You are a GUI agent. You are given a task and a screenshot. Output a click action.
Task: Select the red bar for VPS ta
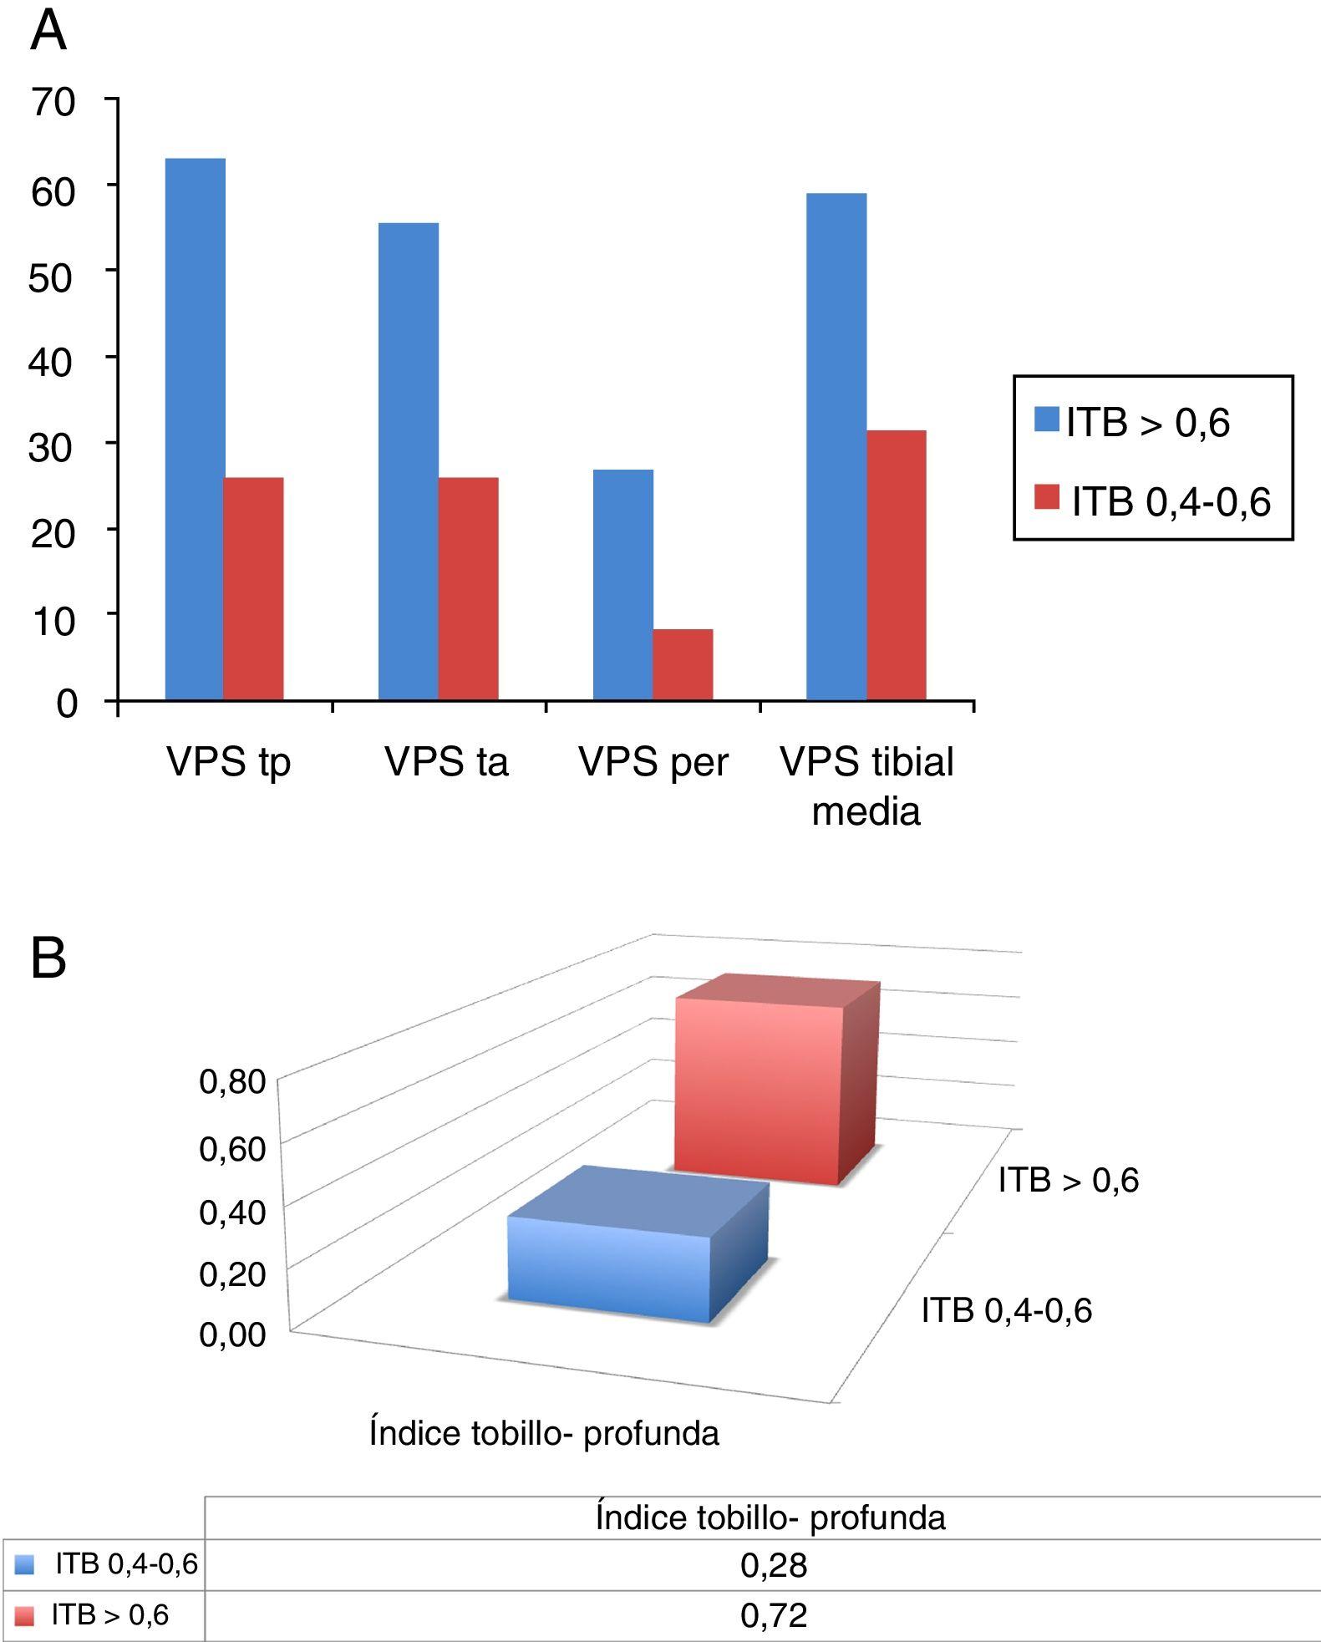tap(468, 588)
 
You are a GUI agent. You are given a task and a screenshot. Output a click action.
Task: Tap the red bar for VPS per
tap(683, 664)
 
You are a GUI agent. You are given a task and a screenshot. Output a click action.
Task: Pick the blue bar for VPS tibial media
tap(836, 446)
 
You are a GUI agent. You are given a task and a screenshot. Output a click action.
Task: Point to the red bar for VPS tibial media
tap(897, 565)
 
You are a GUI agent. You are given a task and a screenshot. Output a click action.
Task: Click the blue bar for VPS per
tap(623, 584)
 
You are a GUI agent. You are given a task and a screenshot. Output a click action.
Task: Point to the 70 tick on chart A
tap(53, 102)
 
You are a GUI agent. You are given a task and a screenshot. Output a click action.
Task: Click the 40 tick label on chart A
tap(52, 362)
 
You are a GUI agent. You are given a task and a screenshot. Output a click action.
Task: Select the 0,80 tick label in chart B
tap(232, 1081)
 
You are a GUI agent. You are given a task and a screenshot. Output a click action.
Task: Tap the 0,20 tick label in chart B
tap(232, 1274)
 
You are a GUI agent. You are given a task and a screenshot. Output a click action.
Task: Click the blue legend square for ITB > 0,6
tap(1047, 419)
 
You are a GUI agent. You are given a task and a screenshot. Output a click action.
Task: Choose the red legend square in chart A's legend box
tap(1047, 497)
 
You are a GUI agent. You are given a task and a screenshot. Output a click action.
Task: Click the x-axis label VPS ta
tap(446, 762)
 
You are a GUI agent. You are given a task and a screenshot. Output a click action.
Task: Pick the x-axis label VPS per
tap(653, 762)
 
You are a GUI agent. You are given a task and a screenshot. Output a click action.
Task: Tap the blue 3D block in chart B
tap(610, 1268)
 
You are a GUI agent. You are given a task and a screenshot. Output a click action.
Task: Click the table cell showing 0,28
tap(774, 1565)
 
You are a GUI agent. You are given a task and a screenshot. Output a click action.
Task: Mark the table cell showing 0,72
tap(774, 1615)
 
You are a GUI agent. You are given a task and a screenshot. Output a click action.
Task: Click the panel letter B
tap(48, 958)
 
